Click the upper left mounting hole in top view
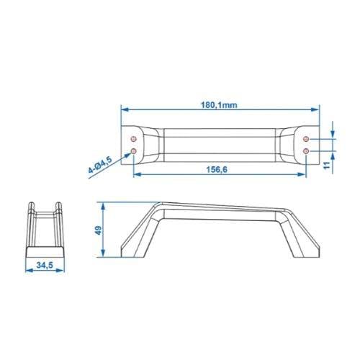point(135,138)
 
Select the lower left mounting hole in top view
point(135,150)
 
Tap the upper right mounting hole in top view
point(307,138)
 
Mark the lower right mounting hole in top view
point(307,150)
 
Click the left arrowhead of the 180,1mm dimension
point(124,110)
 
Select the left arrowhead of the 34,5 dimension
point(29,274)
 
